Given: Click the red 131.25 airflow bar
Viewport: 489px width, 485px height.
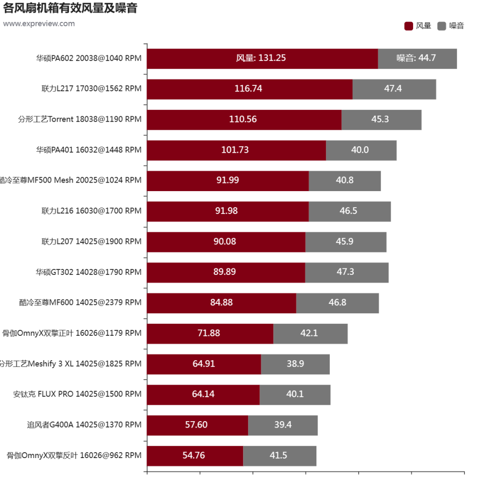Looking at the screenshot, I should [x=262, y=58].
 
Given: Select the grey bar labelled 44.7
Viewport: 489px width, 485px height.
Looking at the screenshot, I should [x=417, y=58].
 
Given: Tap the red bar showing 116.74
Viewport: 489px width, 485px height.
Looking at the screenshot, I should [x=249, y=89].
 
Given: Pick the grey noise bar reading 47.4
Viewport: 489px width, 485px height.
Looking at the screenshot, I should [x=394, y=89].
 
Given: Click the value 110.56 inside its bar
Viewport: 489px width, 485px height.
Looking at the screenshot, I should [x=243, y=119].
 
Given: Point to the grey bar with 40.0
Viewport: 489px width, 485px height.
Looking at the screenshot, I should [x=361, y=150].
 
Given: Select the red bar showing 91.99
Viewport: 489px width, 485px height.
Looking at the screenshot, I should [x=228, y=181].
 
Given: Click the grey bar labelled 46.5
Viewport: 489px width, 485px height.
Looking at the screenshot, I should [x=349, y=211].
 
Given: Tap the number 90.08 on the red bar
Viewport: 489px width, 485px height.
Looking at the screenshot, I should [x=225, y=242].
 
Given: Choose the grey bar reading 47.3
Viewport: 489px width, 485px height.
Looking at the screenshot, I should [x=346, y=272].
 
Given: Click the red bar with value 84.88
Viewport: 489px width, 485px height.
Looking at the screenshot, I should [x=221, y=303].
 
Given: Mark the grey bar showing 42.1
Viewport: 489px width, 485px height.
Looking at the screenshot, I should [x=310, y=333].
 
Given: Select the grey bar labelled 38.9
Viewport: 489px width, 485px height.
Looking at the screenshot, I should [x=295, y=364].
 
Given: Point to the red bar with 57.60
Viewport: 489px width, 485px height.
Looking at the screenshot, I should [x=197, y=425].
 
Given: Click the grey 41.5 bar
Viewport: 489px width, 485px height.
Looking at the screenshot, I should [x=279, y=456].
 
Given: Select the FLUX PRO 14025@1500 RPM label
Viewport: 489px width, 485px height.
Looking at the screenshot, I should [x=77, y=394].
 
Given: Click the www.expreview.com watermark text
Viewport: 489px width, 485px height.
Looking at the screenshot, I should [x=39, y=24].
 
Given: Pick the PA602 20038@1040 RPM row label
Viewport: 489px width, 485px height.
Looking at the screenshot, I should [x=88, y=58].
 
